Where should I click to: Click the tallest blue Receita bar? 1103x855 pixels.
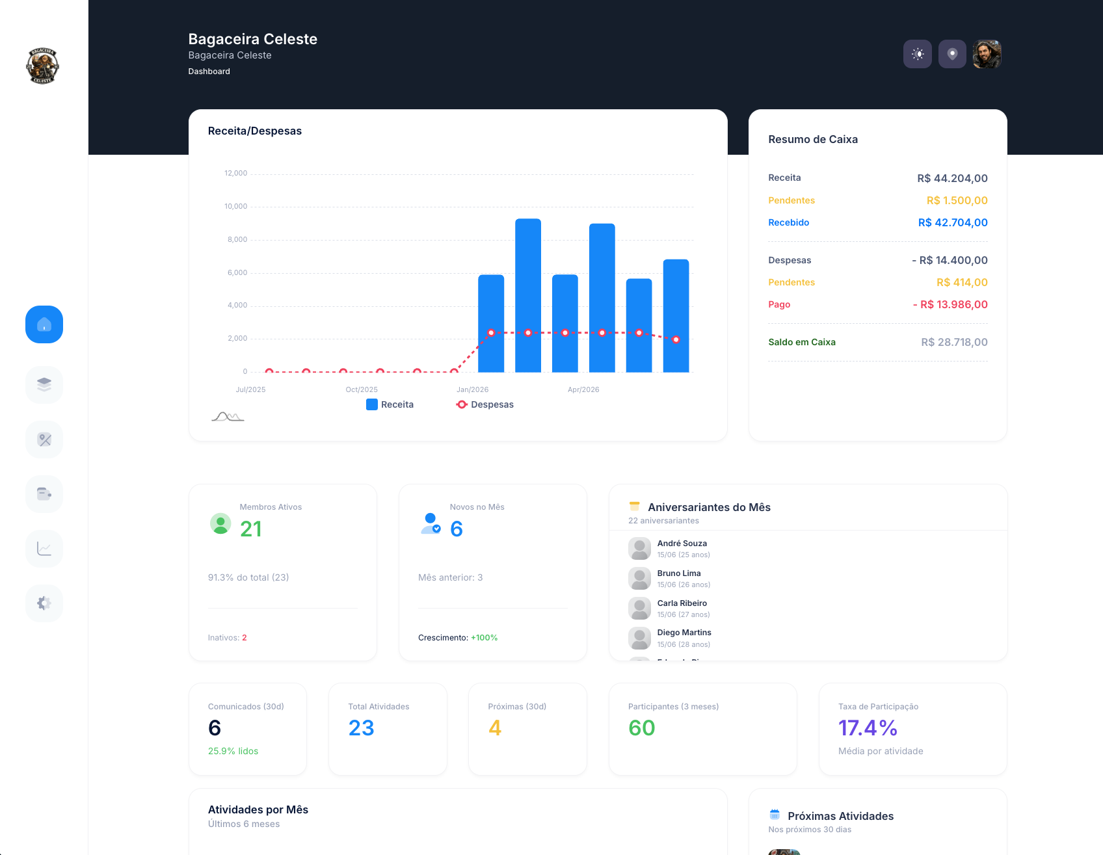pyautogui.click(x=528, y=295)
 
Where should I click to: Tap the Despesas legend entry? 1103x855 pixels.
pyautogui.click(x=485, y=404)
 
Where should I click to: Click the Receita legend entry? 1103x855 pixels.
pyautogui.click(x=390, y=404)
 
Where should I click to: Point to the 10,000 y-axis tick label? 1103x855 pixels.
pyautogui.click(x=235, y=207)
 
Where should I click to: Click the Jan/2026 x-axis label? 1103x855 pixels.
pyautogui.click(x=472, y=389)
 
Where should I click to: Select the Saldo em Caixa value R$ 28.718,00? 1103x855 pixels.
pyautogui.click(x=954, y=342)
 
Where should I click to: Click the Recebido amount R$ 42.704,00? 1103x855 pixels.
pyautogui.click(x=953, y=222)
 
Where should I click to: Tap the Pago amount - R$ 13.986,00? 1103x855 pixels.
pyautogui.click(x=950, y=304)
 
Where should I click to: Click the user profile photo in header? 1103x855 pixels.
pyautogui.click(x=987, y=54)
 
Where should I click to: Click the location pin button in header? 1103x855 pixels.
pyautogui.click(x=952, y=54)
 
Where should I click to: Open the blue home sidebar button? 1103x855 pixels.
pyautogui.click(x=44, y=324)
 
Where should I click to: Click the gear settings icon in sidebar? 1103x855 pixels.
pyautogui.click(x=44, y=603)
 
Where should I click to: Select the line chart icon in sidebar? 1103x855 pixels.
pyautogui.click(x=44, y=549)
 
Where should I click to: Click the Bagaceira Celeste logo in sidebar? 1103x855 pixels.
pyautogui.click(x=43, y=66)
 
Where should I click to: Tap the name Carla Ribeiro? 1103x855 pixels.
pyautogui.click(x=682, y=603)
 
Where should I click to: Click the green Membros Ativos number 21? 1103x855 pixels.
pyautogui.click(x=251, y=529)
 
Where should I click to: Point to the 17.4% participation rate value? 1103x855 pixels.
pyautogui.click(x=868, y=728)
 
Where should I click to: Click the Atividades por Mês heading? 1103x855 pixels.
pyautogui.click(x=258, y=809)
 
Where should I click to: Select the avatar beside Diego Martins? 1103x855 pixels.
pyautogui.click(x=639, y=638)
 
